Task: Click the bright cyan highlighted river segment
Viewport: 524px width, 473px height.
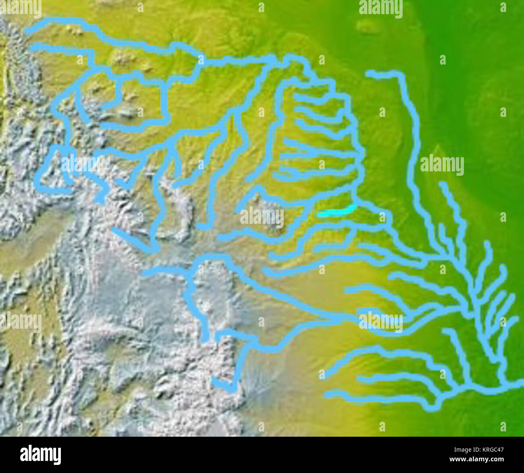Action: [337, 212]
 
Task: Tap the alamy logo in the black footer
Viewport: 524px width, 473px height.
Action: [40, 455]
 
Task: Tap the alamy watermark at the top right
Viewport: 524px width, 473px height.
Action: [381, 8]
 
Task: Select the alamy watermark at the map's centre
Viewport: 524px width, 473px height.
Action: [262, 218]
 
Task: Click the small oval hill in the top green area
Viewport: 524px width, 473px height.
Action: [366, 27]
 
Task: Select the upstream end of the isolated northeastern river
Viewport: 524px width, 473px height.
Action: [368, 73]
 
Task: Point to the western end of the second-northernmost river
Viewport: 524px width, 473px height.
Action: [31, 47]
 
